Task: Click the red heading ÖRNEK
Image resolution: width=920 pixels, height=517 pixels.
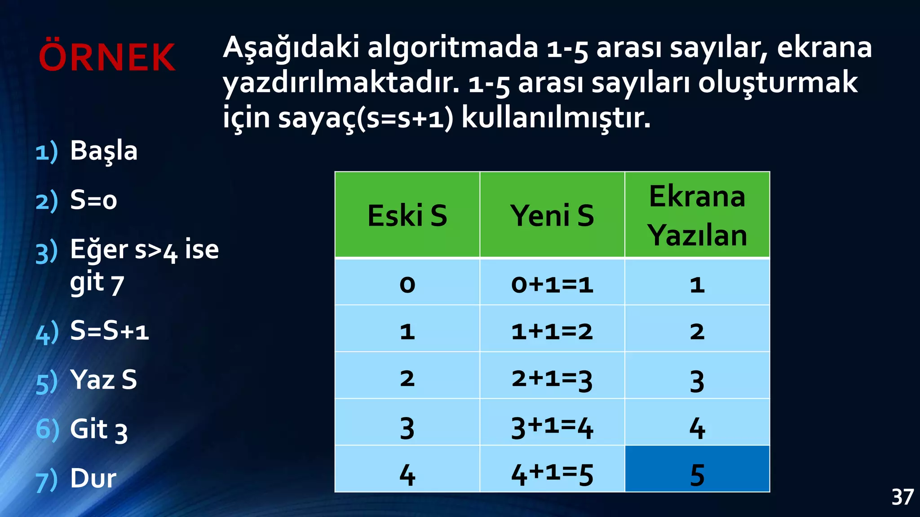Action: (107, 57)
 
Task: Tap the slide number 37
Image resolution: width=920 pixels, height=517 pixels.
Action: (902, 497)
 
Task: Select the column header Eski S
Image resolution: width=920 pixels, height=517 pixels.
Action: (407, 215)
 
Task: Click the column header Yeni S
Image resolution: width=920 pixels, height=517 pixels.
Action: (552, 215)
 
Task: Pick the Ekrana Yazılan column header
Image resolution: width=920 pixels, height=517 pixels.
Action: (697, 215)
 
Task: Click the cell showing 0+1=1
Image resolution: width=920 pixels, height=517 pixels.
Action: (552, 285)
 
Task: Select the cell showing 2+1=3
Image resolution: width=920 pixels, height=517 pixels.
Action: (552, 379)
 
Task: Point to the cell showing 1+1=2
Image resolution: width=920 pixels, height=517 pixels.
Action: (552, 332)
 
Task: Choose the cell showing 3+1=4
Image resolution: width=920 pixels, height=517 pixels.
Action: (552, 426)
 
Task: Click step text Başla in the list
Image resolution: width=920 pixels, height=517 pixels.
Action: (104, 151)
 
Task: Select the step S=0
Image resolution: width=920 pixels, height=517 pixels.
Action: (93, 200)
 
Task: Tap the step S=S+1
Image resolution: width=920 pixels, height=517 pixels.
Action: (109, 331)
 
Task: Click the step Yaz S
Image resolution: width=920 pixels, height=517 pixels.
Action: (103, 380)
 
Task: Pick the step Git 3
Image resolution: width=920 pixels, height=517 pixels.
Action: (99, 429)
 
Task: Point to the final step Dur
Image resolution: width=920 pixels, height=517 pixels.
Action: (93, 478)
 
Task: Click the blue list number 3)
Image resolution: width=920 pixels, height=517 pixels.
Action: (47, 252)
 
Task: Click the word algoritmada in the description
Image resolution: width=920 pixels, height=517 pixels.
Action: (453, 47)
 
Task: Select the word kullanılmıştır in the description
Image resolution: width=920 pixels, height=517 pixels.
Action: (556, 118)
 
